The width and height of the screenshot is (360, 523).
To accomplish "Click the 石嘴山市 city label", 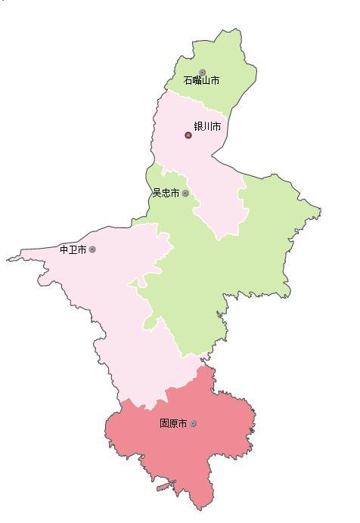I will tap(201, 80).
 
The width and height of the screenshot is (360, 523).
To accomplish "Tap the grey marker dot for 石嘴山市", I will tap(202, 73).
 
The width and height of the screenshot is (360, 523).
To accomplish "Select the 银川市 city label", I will tap(207, 126).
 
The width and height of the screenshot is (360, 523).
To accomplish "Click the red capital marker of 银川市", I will tap(188, 135).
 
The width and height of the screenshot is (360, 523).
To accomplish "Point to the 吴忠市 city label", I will tap(166, 193).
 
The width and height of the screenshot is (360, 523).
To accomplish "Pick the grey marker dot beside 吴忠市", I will tap(185, 193).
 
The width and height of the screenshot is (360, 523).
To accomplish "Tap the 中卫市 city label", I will tap(73, 249).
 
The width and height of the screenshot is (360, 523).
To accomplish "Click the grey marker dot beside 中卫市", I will tap(92, 249).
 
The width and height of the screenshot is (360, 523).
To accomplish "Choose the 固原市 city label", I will tap(173, 423).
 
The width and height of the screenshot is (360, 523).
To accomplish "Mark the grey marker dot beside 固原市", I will tap(193, 423).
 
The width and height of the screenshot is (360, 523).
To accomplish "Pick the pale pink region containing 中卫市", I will tap(113, 302).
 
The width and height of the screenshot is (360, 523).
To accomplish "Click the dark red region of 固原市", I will tap(189, 453).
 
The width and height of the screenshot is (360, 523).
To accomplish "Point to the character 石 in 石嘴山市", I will tap(188, 80).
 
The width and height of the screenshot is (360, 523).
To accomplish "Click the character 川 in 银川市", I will tap(207, 126).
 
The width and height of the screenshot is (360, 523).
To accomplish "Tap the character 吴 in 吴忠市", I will tap(157, 193).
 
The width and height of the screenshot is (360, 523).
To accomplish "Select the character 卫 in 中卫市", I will tap(73, 249).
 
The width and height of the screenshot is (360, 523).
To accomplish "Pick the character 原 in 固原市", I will tap(173, 423).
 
